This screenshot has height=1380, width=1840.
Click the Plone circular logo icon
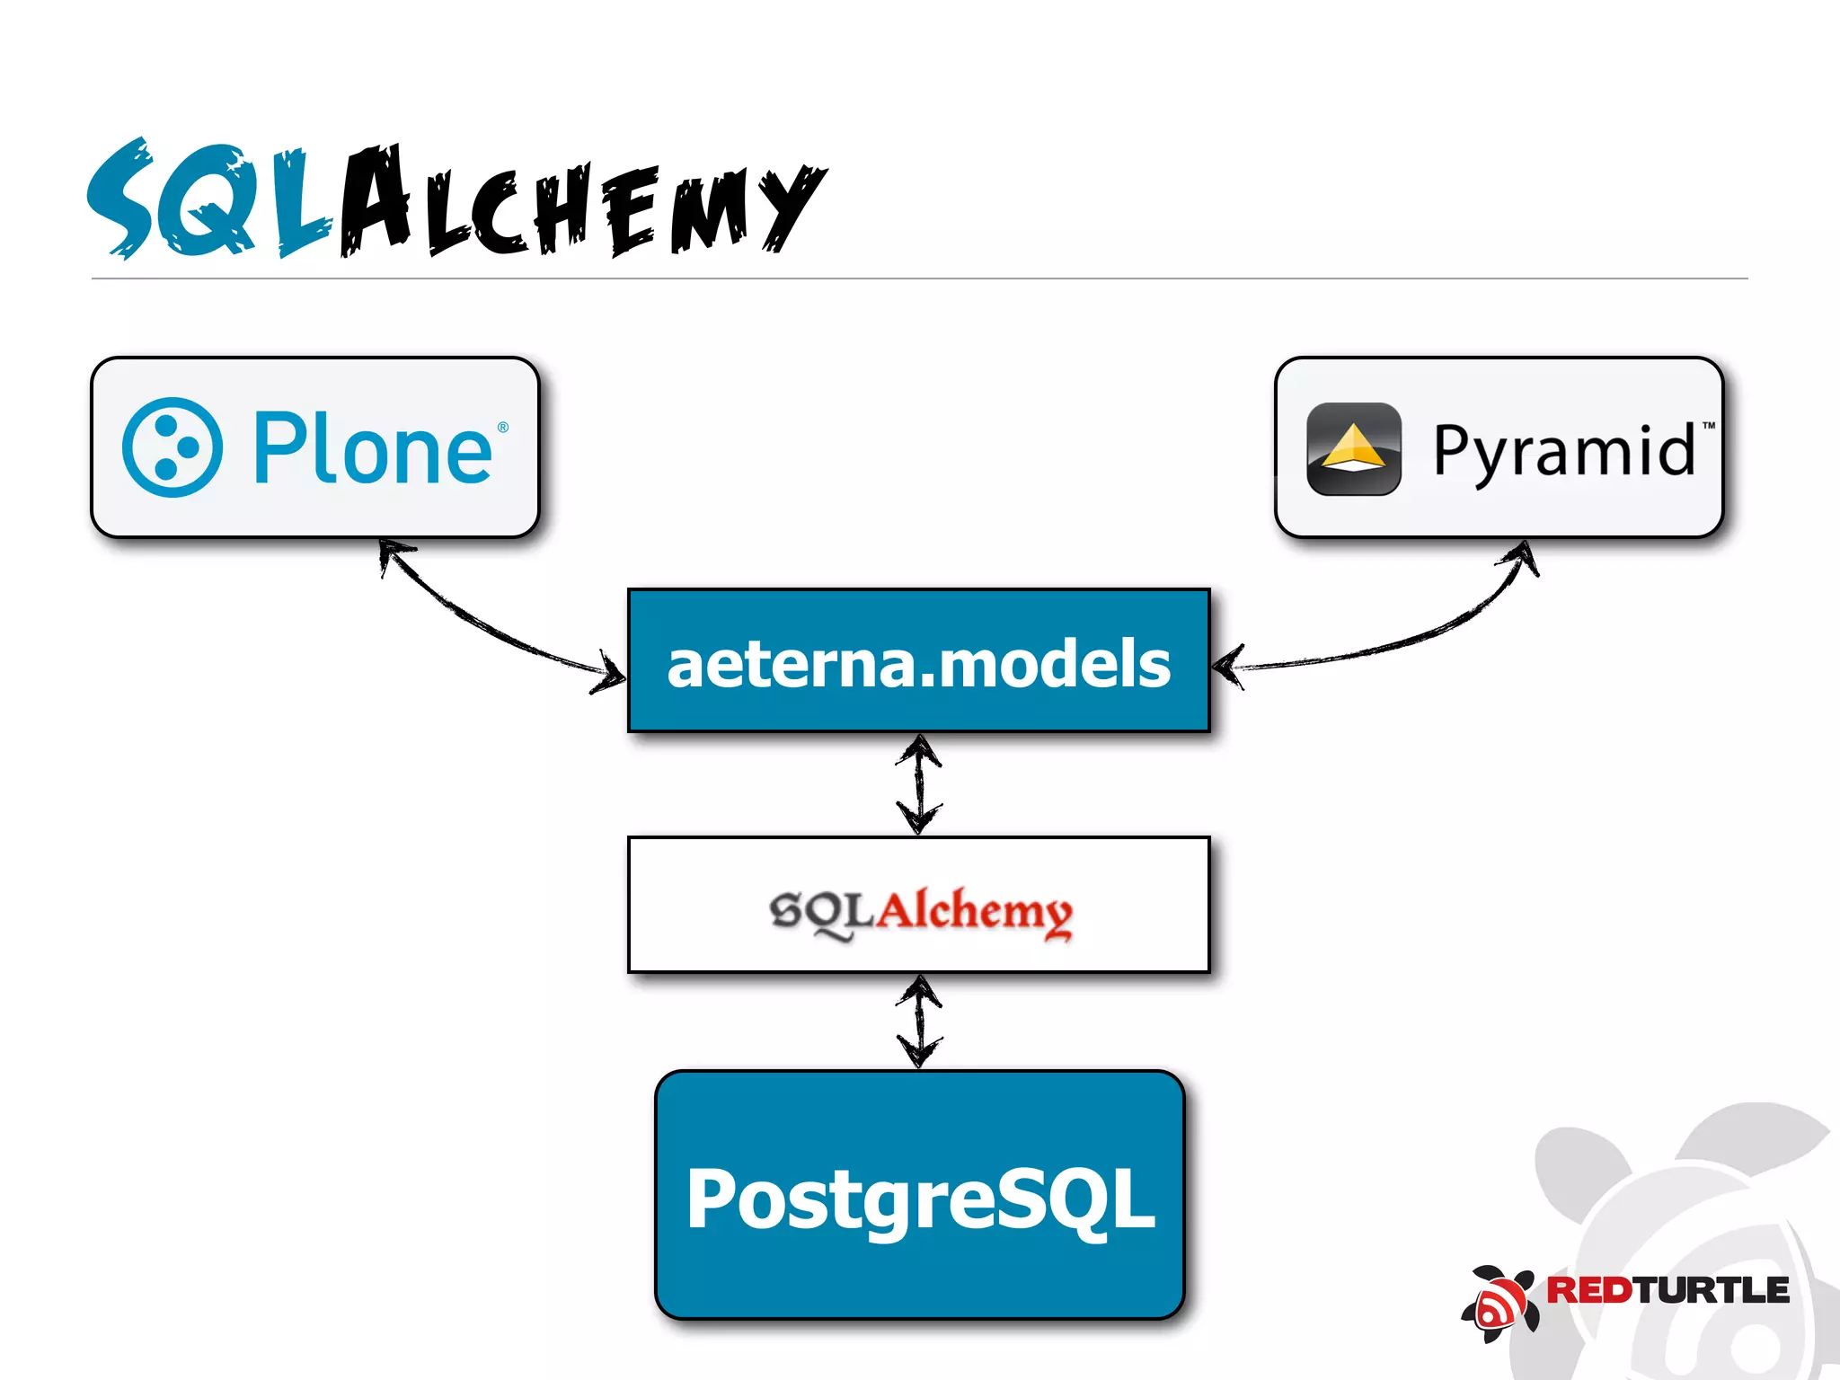tap(172, 447)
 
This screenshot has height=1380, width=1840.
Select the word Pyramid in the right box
tap(1563, 450)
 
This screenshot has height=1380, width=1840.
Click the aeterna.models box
tap(918, 661)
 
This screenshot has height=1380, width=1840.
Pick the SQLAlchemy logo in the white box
tap(920, 911)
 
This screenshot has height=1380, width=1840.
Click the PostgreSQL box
tap(919, 1196)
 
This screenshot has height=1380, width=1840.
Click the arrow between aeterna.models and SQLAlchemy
tap(919, 784)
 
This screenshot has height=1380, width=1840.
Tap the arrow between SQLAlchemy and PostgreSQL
tap(919, 1022)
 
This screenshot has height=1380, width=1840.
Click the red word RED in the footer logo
tap(1588, 1290)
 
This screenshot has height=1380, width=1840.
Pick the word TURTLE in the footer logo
tap(1712, 1290)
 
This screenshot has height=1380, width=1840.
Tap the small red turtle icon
tap(1499, 1303)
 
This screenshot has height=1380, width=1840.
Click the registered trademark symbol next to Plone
tap(503, 427)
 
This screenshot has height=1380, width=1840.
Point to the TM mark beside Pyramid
tap(1708, 425)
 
